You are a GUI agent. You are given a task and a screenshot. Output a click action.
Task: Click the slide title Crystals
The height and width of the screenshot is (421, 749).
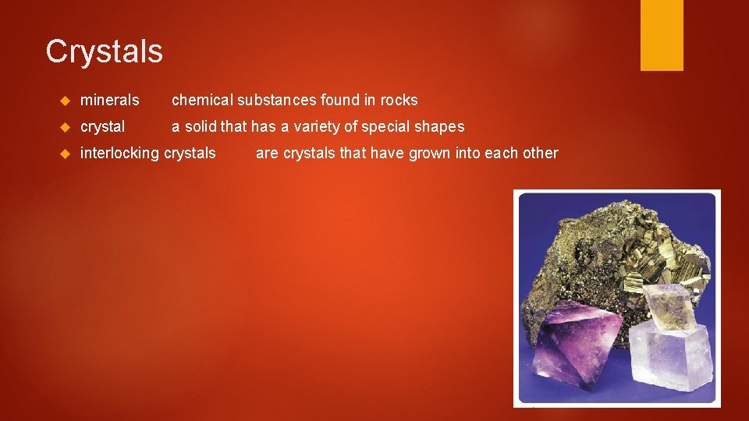tap(104, 51)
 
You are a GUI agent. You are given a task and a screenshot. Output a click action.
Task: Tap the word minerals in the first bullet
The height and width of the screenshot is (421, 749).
tap(109, 100)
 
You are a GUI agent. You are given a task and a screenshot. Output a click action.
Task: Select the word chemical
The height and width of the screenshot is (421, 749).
tap(202, 100)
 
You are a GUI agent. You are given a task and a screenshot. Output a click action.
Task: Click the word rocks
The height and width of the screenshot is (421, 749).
tap(399, 100)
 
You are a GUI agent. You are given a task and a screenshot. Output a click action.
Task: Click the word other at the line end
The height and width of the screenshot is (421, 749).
tap(541, 153)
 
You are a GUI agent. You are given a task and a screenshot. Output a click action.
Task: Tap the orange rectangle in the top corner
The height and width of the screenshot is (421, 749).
tap(662, 35)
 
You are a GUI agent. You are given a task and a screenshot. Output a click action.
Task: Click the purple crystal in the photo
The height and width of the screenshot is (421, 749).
tap(578, 348)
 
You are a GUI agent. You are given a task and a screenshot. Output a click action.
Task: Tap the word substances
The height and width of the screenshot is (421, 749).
tap(278, 100)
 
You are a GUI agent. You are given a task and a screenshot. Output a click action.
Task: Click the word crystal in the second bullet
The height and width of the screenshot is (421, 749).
tap(102, 126)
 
